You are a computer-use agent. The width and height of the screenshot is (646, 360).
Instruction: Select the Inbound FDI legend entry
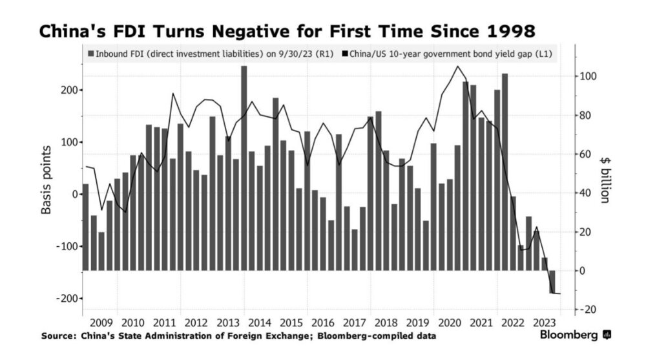click(x=211, y=54)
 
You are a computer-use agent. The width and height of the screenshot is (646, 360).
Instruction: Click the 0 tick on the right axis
click(x=582, y=271)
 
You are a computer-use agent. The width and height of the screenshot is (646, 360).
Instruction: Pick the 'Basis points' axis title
click(x=46, y=180)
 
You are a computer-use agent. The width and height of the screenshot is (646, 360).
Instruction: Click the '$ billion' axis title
click(x=605, y=180)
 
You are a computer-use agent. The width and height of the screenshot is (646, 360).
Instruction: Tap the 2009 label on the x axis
click(x=101, y=323)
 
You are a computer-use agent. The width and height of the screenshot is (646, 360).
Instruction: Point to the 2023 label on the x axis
click(x=544, y=323)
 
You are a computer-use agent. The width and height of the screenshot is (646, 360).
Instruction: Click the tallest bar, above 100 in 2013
click(x=244, y=168)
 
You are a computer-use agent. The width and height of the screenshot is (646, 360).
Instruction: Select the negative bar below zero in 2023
click(x=552, y=282)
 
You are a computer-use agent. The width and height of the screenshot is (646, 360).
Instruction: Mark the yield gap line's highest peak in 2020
click(x=458, y=67)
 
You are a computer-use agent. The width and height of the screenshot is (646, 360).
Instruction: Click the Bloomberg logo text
click(x=568, y=334)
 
